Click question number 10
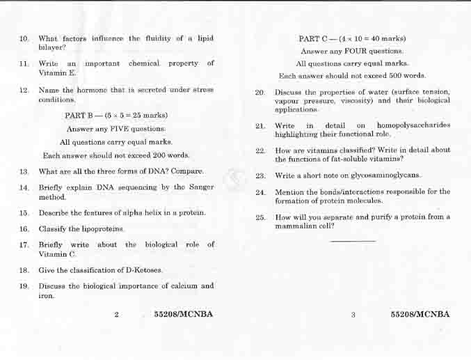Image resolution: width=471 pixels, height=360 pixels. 24,38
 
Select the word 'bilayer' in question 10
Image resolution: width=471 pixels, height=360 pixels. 52,47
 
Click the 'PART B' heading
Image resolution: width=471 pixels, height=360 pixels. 81,115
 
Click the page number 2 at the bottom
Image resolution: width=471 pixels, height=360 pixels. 116,315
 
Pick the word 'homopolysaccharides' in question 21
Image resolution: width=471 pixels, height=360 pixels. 413,125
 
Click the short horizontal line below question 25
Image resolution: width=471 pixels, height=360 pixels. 353,241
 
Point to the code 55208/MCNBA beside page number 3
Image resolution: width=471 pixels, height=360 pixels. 420,315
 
